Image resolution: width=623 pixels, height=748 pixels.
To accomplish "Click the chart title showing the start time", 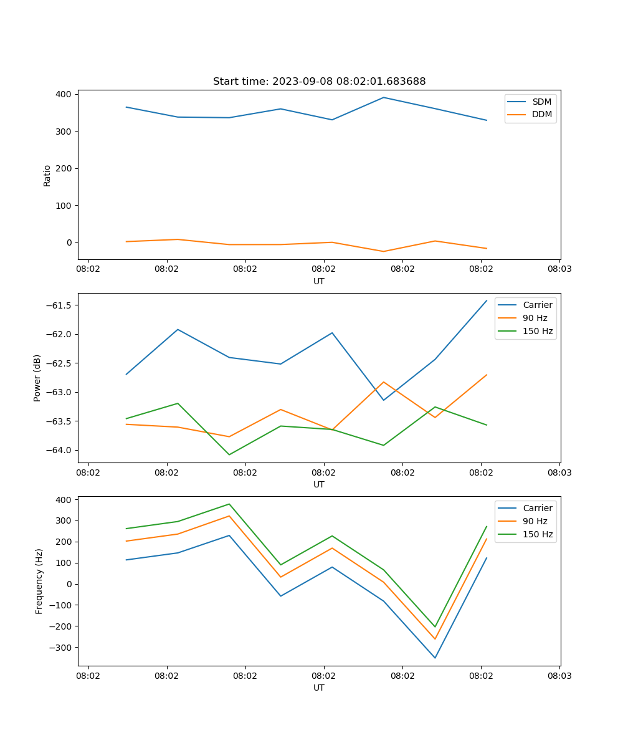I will tap(319, 82).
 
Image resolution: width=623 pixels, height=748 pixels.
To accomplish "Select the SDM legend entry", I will tap(541, 102).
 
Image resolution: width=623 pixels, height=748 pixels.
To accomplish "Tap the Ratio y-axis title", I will tap(47, 175).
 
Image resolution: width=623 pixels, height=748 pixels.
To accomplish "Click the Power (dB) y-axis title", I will tap(37, 378).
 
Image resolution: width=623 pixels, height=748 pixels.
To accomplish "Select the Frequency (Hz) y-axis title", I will tap(39, 581).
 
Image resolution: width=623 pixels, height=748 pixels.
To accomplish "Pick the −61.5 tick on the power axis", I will tap(58, 305).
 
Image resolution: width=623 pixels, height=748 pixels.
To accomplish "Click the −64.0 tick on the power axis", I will tap(58, 451).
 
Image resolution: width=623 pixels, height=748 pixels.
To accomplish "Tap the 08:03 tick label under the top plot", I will tap(559, 269).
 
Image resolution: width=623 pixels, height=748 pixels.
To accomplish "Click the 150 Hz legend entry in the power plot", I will tap(537, 331).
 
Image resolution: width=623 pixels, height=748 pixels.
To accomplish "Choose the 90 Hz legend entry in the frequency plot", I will tap(535, 521).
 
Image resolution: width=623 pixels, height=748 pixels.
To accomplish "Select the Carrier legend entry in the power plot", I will tap(537, 305).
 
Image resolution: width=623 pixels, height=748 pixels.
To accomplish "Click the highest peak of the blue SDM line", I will tap(384, 97).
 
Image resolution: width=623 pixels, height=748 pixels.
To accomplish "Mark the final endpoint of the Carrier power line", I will tap(487, 300).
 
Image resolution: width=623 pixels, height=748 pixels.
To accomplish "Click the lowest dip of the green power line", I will tap(229, 454).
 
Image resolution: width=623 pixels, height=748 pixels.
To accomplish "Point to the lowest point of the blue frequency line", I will tap(435, 658).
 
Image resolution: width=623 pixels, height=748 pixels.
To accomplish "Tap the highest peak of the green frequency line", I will tap(229, 504).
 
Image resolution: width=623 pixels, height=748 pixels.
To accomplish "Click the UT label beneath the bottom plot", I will tap(319, 688).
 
